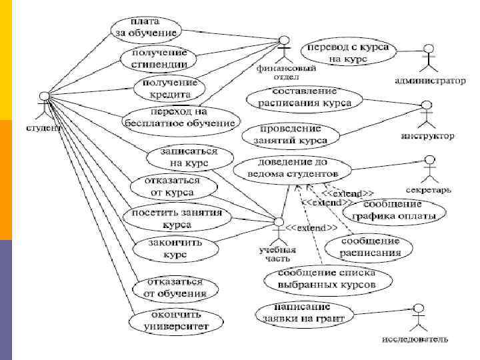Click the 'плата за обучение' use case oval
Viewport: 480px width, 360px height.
click(144, 27)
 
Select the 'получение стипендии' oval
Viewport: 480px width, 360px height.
click(159, 59)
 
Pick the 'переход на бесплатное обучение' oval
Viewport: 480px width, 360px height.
click(181, 118)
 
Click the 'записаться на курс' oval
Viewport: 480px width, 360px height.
click(189, 157)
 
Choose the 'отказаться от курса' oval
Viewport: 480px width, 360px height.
click(163, 187)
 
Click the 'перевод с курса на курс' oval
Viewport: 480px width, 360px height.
click(349, 53)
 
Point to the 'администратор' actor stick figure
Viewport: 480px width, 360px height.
click(429, 59)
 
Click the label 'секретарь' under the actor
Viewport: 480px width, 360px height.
click(429, 190)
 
